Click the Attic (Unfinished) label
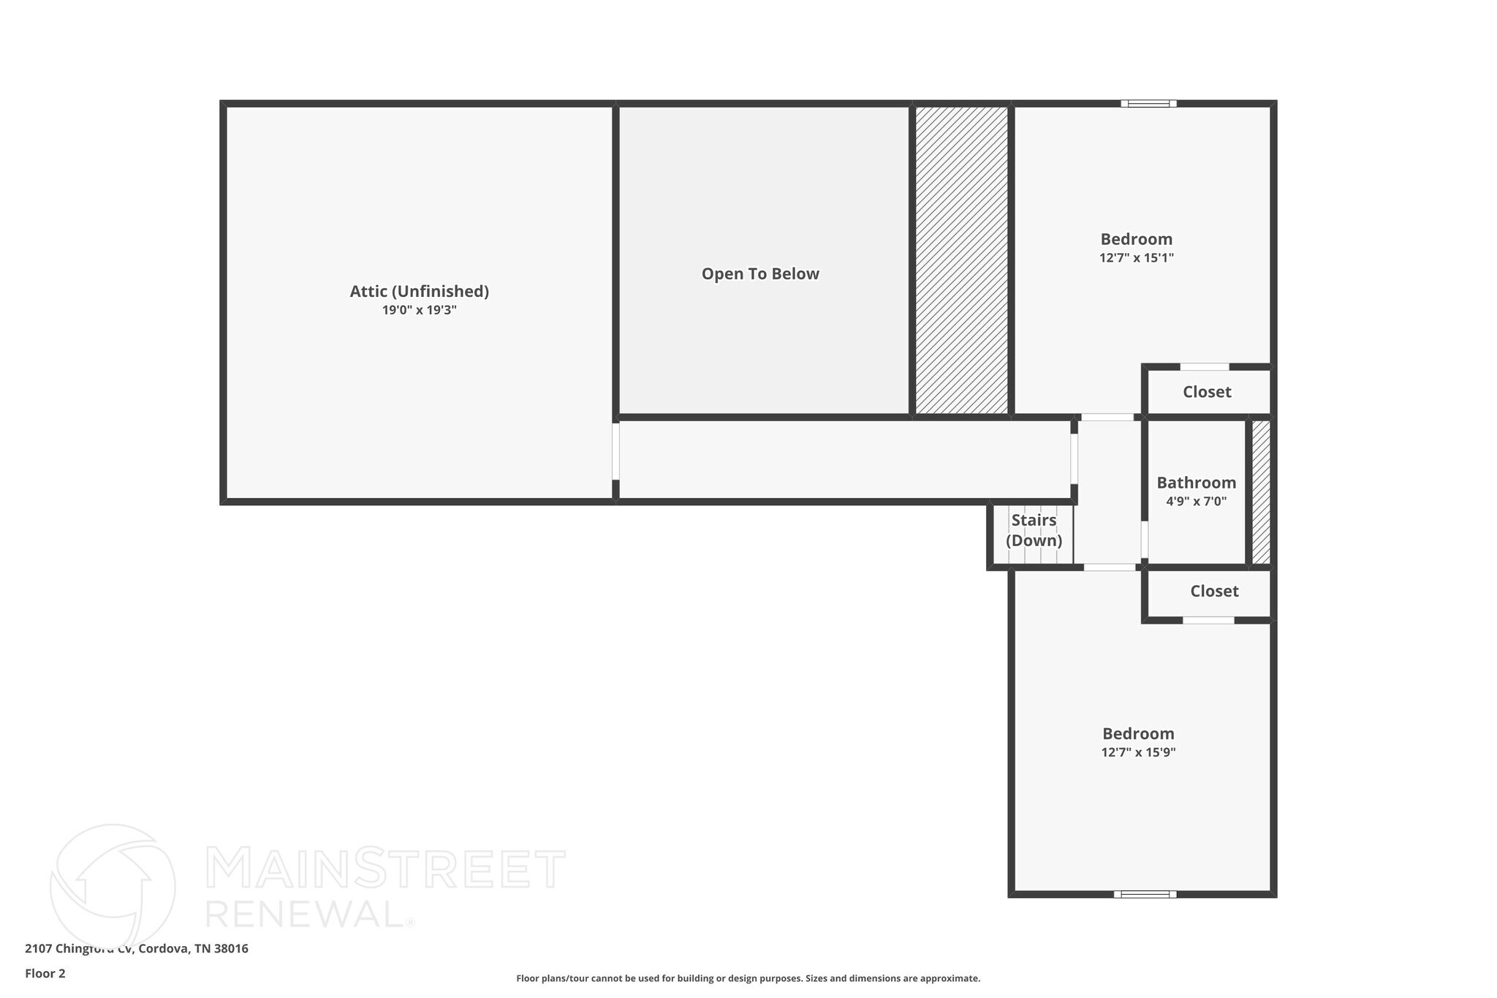[419, 291]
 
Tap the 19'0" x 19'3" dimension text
[419, 310]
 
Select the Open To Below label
[760, 274]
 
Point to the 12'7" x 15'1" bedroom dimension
[1137, 258]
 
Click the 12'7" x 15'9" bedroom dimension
[1138, 752]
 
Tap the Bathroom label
[1196, 483]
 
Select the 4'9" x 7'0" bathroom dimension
[1196, 502]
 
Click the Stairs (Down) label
[1034, 530]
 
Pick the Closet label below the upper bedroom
[1207, 392]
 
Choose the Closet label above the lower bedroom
[1214, 591]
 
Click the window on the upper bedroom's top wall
[1148, 104]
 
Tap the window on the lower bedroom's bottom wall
[1145, 893]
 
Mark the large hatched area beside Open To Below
[961, 260]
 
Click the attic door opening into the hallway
[615, 451]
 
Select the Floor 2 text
[45, 973]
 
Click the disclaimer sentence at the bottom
[748, 978]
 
